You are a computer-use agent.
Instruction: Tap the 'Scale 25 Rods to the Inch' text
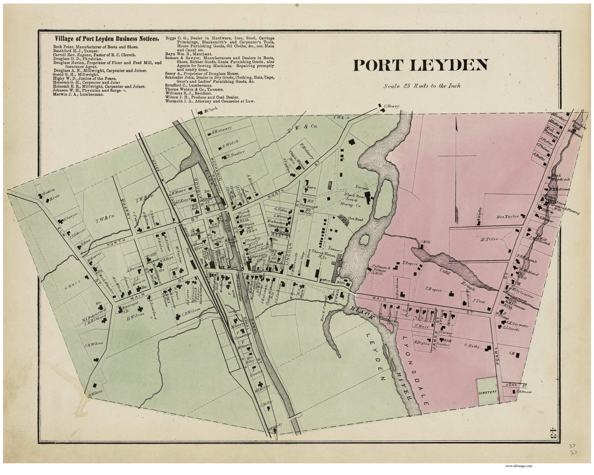422,86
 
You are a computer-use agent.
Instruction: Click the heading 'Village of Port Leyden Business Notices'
101,39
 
